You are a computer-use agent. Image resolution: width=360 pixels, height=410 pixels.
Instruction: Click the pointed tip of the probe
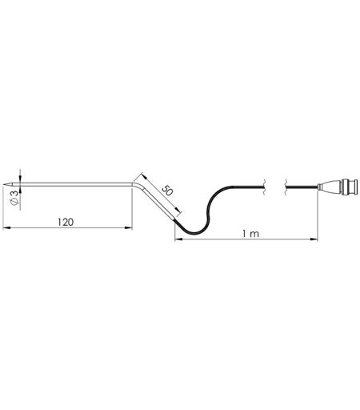point(3,184)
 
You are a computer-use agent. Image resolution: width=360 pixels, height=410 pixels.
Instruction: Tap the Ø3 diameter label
point(15,198)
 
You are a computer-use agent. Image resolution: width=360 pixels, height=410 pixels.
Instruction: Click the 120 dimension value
point(66,222)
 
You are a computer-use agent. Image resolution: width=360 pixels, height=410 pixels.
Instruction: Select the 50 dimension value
point(167,191)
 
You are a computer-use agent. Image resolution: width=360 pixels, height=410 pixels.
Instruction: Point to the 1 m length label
point(250,234)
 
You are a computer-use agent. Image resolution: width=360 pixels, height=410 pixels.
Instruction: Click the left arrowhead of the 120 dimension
point(6,227)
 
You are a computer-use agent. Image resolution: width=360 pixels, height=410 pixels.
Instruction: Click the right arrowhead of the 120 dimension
point(129,227)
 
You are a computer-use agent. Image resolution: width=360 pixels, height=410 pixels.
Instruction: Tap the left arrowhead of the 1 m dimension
point(178,239)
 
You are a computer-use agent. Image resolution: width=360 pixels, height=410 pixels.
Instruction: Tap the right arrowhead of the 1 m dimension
point(314,239)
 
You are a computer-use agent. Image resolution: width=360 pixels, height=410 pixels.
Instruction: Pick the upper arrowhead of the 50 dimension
point(144,176)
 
